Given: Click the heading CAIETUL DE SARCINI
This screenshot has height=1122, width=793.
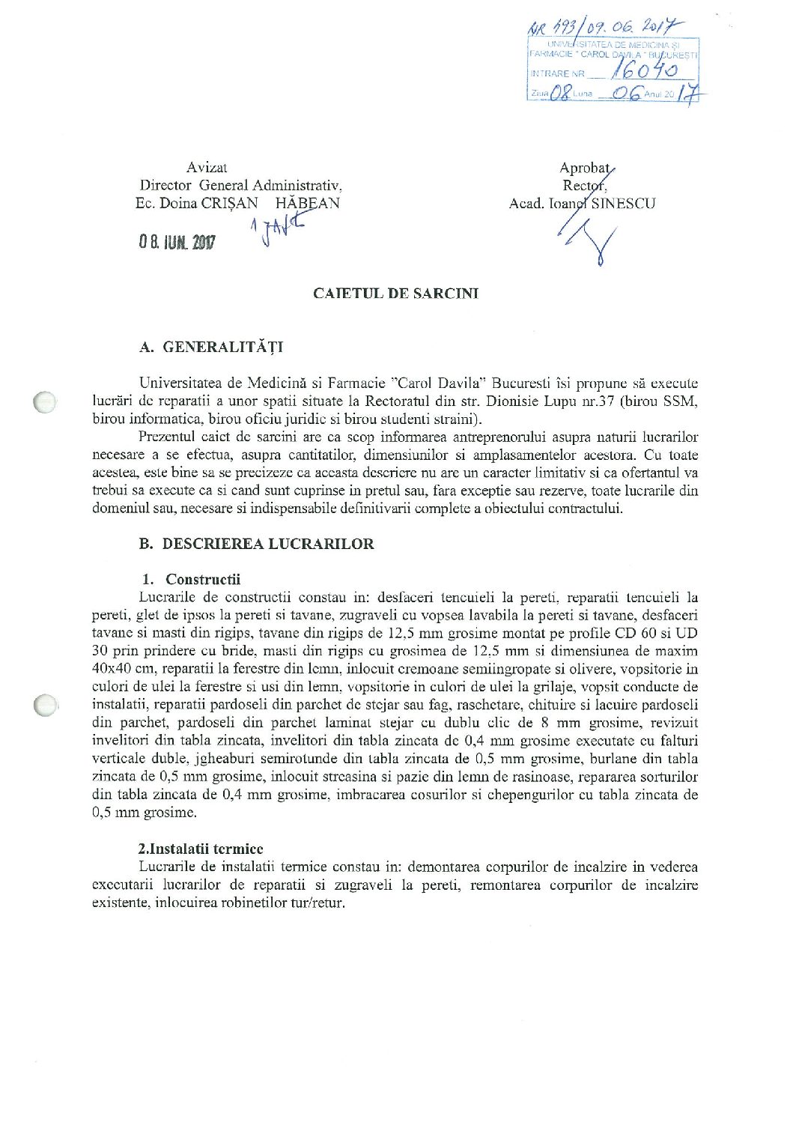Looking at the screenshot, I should tap(395, 294).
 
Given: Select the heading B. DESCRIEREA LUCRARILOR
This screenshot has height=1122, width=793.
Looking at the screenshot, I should tap(256, 544).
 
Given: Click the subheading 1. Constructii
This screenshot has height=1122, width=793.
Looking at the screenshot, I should tap(192, 579).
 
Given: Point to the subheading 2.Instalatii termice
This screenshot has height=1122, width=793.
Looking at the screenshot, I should tap(201, 849).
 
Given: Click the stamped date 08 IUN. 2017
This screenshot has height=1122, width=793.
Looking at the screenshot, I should tap(177, 243).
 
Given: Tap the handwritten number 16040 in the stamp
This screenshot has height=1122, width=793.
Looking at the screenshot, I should tap(644, 70).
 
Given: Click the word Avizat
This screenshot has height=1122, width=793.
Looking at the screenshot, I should tap(207, 168).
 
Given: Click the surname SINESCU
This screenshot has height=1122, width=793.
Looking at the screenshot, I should tap(623, 203).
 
